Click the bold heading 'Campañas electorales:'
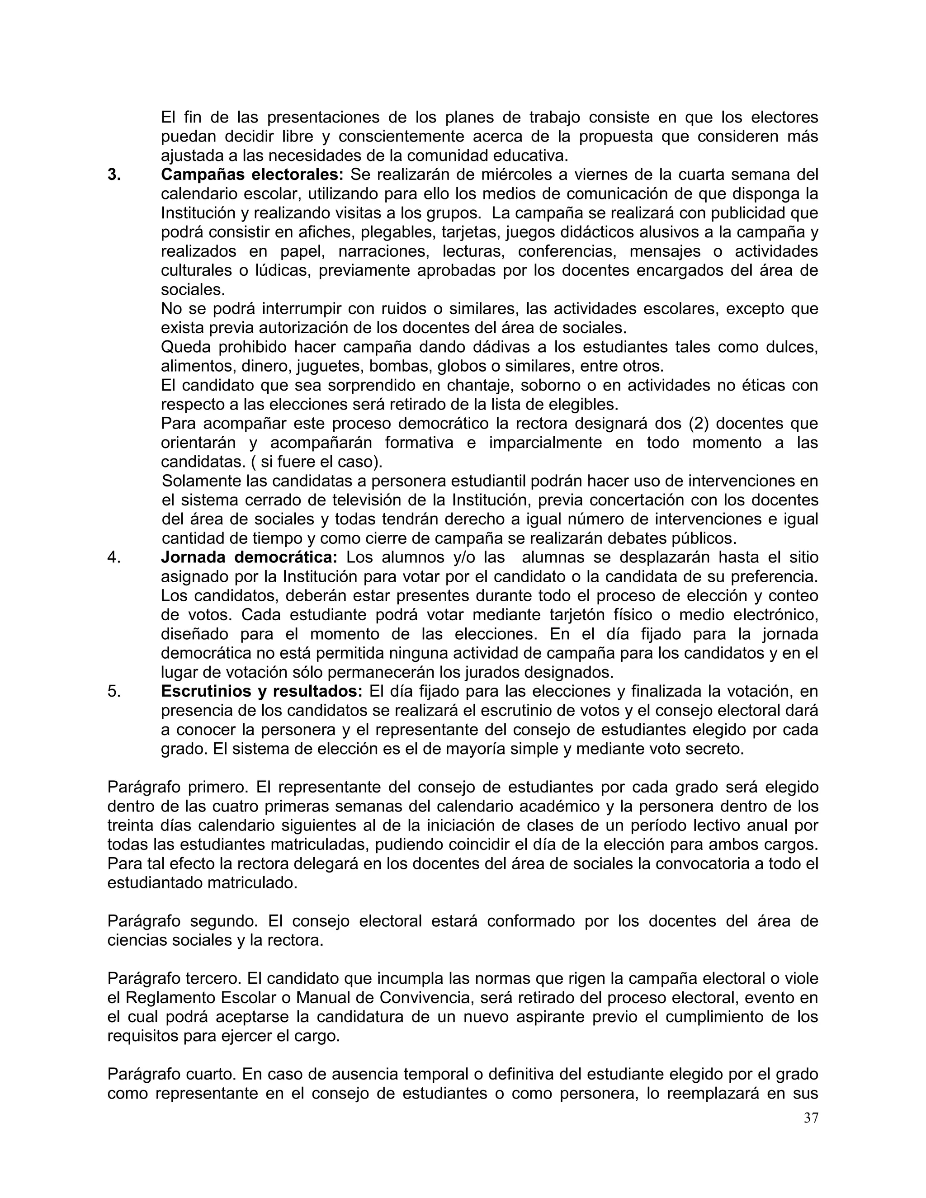pyautogui.click(x=252, y=175)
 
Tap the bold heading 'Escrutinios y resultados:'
pyautogui.click(x=262, y=691)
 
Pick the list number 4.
pyautogui.click(x=114, y=557)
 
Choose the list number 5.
pyautogui.click(x=114, y=691)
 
